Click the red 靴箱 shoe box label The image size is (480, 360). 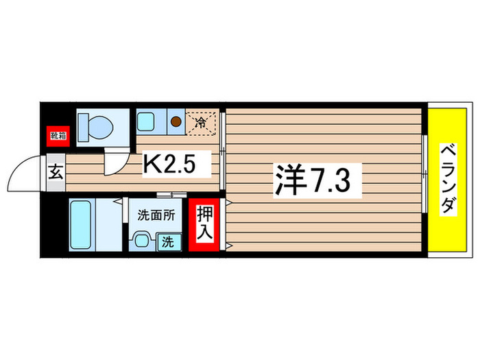coord(56,135)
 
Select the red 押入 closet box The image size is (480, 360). coord(204,223)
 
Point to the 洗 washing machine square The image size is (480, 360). coord(168,241)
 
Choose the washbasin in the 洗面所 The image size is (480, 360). coord(142,240)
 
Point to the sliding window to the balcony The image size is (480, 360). coord(425,180)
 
